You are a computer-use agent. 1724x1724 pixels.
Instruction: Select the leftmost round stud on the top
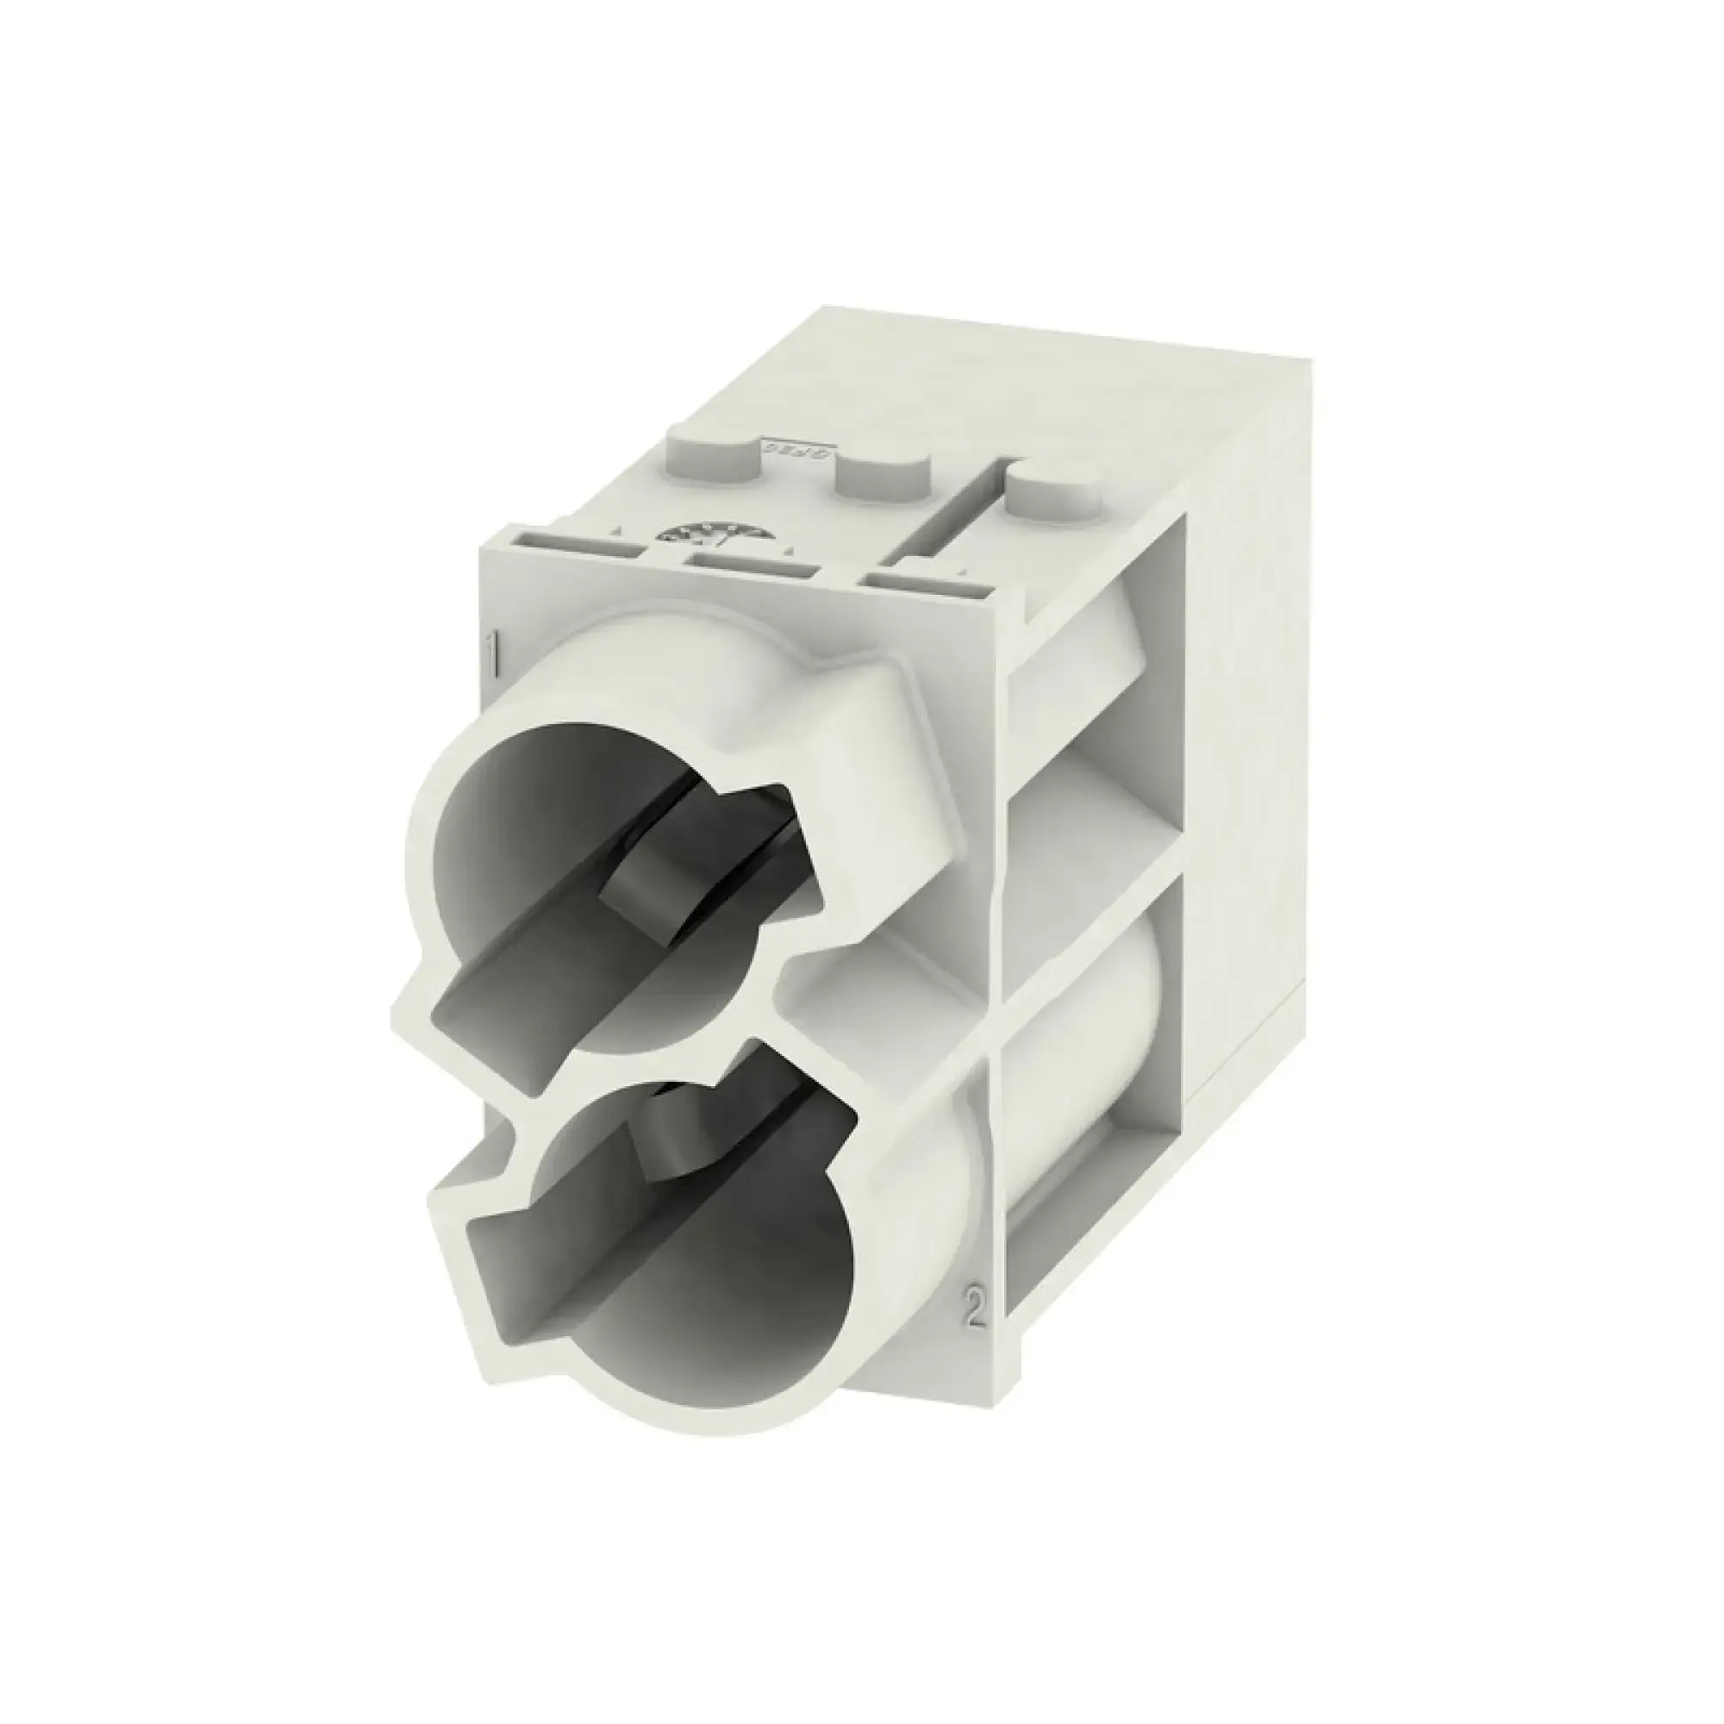(712, 457)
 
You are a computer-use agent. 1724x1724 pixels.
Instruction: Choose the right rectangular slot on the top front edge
(928, 584)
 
